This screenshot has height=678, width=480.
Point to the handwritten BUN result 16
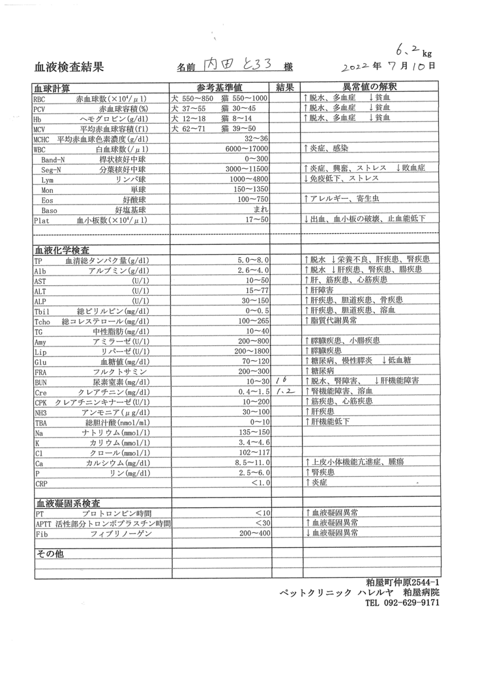[281, 380]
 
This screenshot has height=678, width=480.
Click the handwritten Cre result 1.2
[286, 391]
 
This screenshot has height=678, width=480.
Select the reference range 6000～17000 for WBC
[247, 149]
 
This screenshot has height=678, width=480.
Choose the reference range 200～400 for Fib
[254, 533]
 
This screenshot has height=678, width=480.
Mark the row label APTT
[43, 523]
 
